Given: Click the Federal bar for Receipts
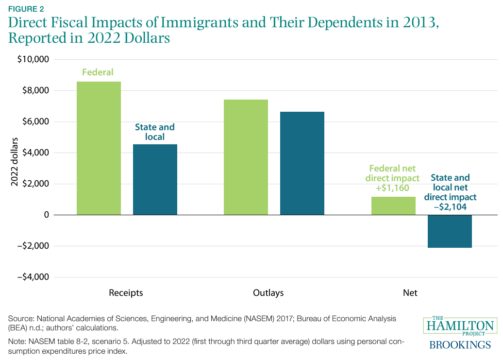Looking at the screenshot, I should [99, 148].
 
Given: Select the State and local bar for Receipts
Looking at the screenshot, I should [155, 179].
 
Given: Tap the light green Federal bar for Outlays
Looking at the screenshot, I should [246, 157].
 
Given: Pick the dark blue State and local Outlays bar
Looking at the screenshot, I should [302, 163].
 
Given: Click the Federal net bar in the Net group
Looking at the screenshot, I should [393, 206].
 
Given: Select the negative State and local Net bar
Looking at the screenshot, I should [450, 231].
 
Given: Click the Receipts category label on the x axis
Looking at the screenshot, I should [126, 293].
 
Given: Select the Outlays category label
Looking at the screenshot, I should [268, 293].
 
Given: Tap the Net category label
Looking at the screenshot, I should [410, 293].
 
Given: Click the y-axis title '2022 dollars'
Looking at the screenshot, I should [16, 168].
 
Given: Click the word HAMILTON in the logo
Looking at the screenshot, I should [459, 326].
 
